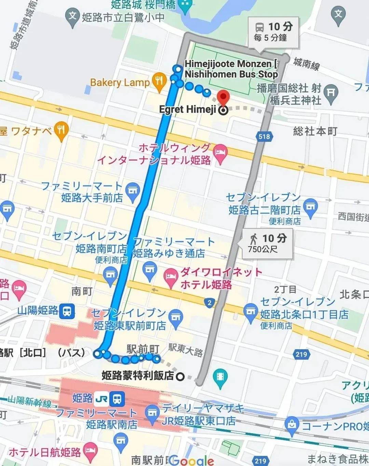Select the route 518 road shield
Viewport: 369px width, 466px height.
click(264, 137)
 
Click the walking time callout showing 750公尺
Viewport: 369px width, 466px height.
click(268, 243)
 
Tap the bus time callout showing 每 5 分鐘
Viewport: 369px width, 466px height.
click(273, 32)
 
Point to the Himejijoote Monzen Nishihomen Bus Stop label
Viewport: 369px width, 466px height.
click(231, 69)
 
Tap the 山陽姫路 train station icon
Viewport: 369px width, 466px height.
click(67, 311)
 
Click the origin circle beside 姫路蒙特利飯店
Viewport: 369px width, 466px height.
click(180, 377)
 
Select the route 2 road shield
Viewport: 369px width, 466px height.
click(209, 302)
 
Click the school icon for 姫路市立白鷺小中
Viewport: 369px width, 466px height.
click(72, 17)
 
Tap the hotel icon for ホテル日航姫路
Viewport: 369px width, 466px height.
click(90, 451)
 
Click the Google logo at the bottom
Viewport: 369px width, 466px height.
click(192, 460)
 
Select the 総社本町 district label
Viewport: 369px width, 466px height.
click(315, 131)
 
